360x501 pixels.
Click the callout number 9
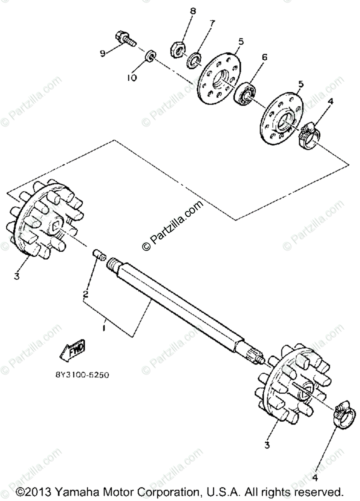(x=102, y=53)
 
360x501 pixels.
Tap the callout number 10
(x=132, y=78)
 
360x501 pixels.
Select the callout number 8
(x=193, y=11)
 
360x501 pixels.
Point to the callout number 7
(x=213, y=23)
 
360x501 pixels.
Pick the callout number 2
(x=85, y=294)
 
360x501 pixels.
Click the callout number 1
(x=104, y=328)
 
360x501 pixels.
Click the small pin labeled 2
(x=99, y=254)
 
